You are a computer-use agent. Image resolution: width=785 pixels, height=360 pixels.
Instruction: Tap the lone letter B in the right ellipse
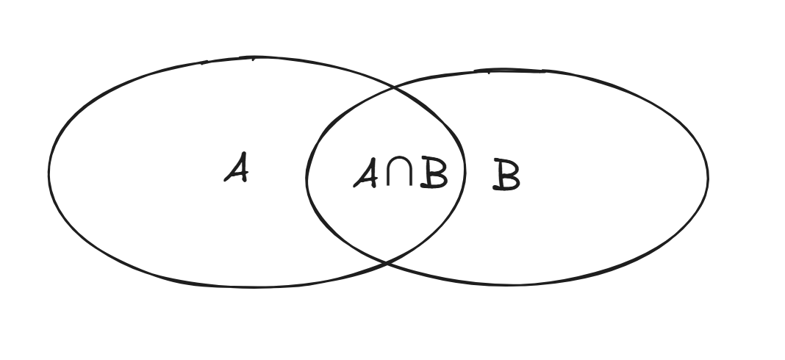tap(506, 176)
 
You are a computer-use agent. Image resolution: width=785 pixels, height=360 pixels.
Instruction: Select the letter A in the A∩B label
tap(366, 173)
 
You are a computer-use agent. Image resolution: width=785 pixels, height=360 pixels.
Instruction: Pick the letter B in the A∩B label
tap(433, 173)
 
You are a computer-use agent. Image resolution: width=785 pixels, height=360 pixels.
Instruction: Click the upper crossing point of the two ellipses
tap(395, 88)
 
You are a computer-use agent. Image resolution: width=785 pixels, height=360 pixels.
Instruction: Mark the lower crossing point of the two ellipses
tap(384, 261)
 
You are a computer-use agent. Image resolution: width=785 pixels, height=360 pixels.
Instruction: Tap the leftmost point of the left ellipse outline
tap(49, 172)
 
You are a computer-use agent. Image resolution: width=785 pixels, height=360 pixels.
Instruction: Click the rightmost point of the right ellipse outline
tap(708, 176)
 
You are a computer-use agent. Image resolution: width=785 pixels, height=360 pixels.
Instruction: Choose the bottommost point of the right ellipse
tap(515, 284)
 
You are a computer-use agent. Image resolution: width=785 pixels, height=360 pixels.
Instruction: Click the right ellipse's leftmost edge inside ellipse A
tap(307, 176)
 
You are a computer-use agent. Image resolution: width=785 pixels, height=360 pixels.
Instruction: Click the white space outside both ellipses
tap(735, 323)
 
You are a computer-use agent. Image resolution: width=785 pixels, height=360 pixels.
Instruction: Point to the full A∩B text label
tap(400, 173)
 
